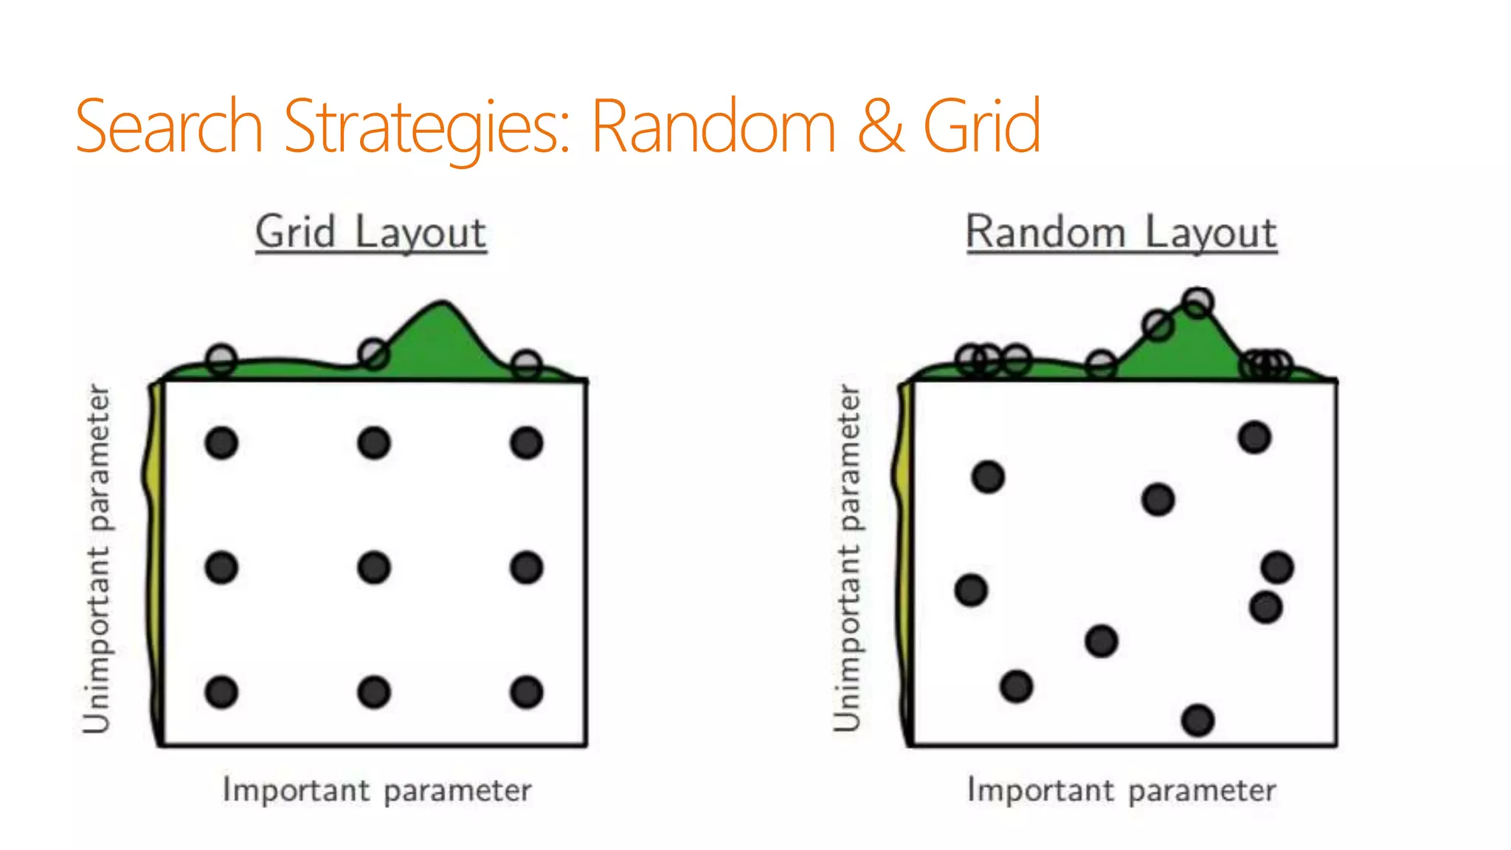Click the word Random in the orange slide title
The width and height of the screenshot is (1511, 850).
tap(713, 127)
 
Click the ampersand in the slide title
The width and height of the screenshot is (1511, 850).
tap(880, 127)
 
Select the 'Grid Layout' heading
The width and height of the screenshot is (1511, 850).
tap(370, 232)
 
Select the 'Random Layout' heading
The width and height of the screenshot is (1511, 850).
tap(1121, 232)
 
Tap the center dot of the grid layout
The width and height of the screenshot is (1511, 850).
tap(374, 568)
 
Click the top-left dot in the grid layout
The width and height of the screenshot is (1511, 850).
tap(221, 443)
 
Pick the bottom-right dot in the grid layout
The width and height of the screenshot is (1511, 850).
tap(527, 692)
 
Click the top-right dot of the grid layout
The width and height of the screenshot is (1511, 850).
tap(527, 443)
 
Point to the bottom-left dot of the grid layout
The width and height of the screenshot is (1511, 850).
tap(221, 692)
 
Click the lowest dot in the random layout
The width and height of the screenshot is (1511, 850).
tap(1197, 720)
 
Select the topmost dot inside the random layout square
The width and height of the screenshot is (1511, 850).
tap(1254, 438)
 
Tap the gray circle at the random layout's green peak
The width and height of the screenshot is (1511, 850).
tap(1197, 302)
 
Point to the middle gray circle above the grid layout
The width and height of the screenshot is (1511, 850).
tap(374, 354)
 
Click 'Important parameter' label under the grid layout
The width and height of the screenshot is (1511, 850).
tap(377, 790)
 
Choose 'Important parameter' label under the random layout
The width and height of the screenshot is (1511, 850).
tap(1121, 790)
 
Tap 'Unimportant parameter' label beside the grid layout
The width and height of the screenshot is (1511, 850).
tap(97, 559)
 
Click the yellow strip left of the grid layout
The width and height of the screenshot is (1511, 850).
tap(154, 516)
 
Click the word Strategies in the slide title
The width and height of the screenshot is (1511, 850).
tap(426, 127)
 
